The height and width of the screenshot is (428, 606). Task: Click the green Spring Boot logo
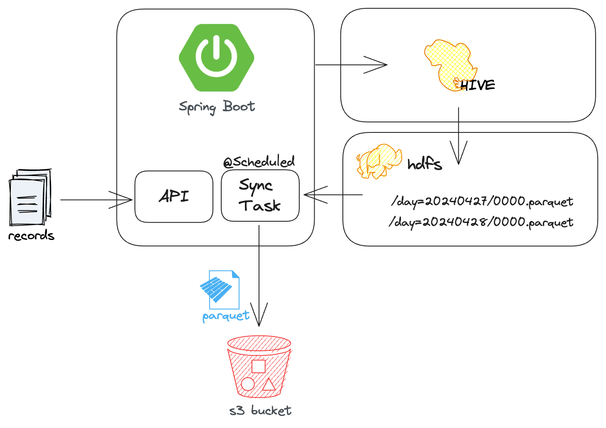coord(216,57)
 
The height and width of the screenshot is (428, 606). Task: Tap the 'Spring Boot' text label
coord(217,107)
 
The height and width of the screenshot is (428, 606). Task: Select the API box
coord(174,196)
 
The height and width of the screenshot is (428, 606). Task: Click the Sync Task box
coord(260,196)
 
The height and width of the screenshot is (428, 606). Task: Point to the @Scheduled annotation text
coord(259,161)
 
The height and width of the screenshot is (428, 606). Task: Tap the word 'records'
coord(31,236)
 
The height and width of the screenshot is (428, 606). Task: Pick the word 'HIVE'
coord(478,85)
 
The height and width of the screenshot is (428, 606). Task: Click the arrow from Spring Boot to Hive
coord(351,65)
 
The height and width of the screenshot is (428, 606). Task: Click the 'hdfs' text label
coord(424,164)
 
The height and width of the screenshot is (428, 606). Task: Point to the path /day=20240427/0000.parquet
coord(481,202)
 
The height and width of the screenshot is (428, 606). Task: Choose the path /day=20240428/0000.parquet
coord(481,222)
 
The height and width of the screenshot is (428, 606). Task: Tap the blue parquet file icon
coord(220,289)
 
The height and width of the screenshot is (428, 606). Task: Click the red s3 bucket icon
coord(259,367)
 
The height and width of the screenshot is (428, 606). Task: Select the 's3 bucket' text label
coord(260,411)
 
